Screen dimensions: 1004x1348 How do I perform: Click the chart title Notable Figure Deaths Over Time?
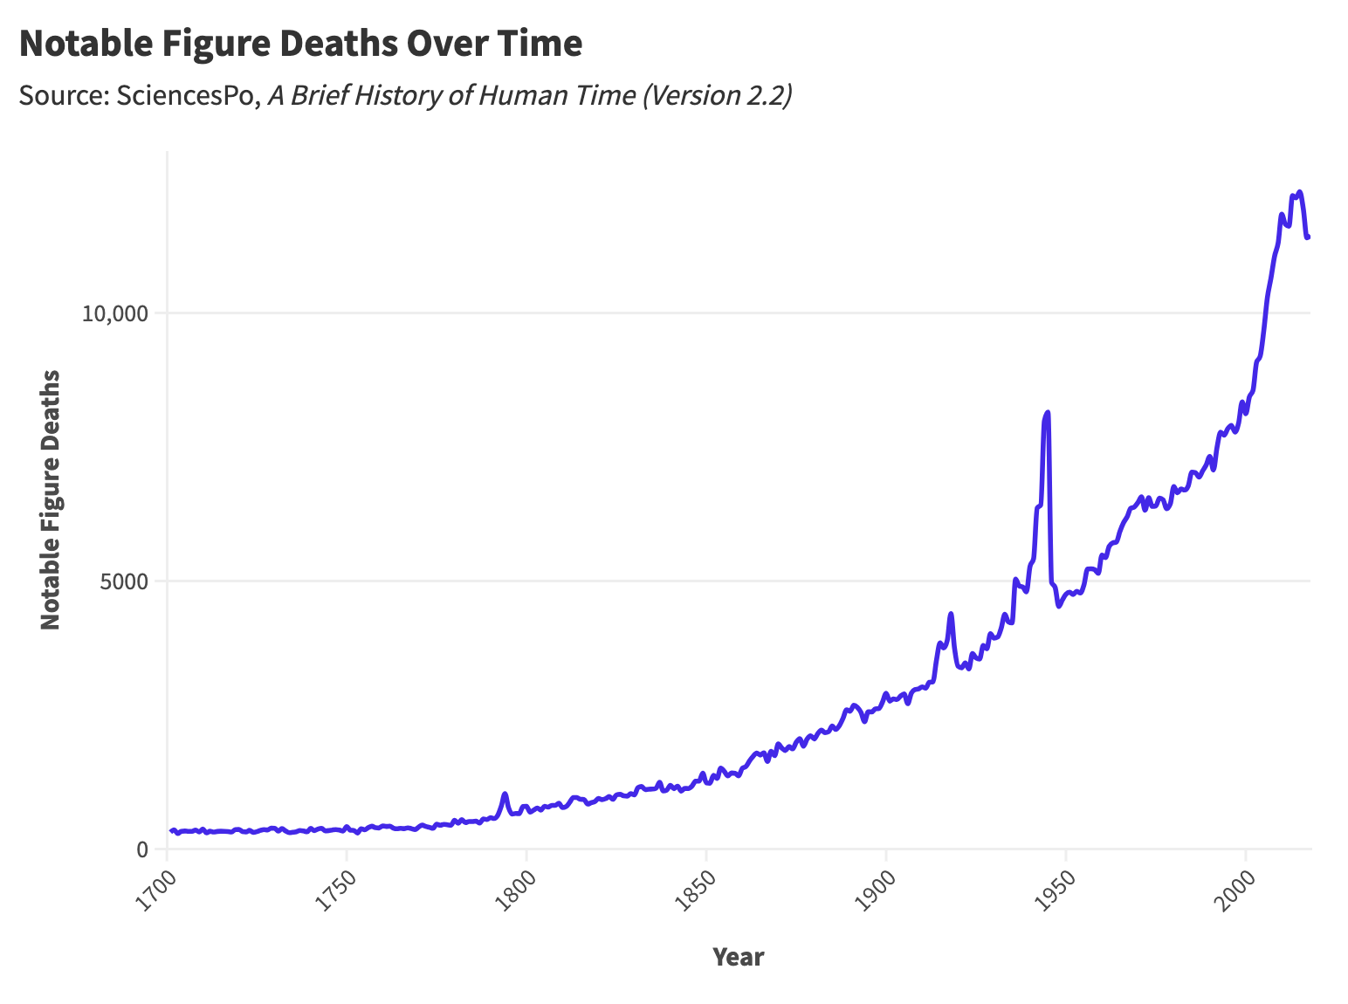(300, 44)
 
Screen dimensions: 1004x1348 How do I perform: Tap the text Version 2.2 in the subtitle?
(716, 95)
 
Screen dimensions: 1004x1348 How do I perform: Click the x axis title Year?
(738, 957)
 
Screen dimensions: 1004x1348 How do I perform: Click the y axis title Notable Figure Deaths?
(51, 499)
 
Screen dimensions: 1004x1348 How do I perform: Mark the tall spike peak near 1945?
(1047, 412)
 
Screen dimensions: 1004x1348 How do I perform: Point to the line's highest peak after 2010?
(1300, 192)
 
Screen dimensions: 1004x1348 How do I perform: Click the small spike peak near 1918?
(951, 614)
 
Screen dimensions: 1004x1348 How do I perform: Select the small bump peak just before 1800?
(505, 794)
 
